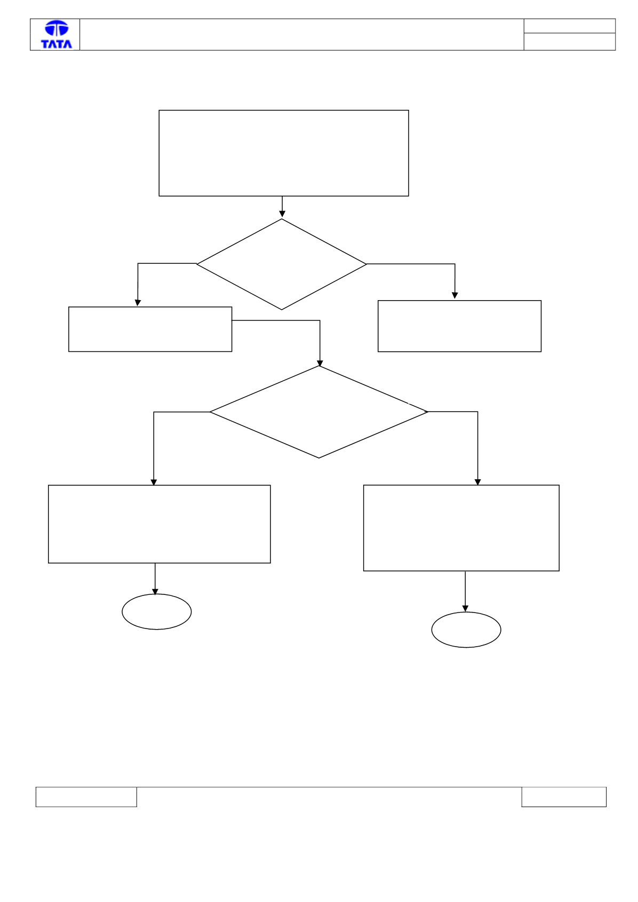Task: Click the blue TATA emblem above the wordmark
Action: point(57,28)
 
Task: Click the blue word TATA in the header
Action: point(57,44)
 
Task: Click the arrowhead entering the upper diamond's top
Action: point(282,214)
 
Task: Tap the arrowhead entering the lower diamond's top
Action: point(320,363)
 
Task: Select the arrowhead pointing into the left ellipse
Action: point(155,592)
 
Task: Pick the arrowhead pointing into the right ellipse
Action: point(465,608)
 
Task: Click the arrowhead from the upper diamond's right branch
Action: point(454,295)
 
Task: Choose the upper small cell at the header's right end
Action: point(570,26)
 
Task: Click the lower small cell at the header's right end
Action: point(570,42)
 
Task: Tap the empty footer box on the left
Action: point(86,797)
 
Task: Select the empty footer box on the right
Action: point(564,797)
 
